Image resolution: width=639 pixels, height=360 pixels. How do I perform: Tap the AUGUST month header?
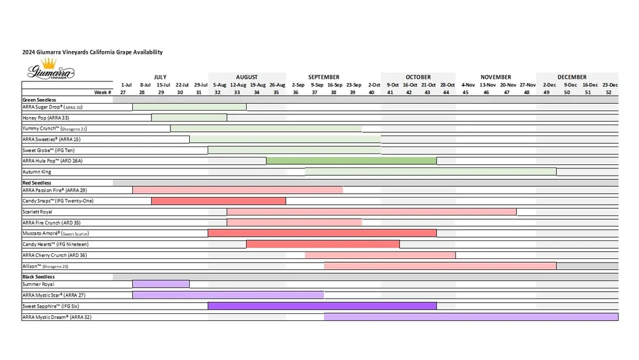(247, 77)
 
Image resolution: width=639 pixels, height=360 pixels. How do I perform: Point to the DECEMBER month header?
(571, 77)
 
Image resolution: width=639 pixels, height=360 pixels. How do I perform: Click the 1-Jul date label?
(127, 85)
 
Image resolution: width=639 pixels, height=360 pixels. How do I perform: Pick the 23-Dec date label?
(610, 85)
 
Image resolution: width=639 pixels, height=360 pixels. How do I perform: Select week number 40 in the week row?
(372, 93)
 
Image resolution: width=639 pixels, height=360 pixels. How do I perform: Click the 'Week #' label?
(103, 93)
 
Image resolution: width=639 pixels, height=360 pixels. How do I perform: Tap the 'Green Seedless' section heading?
(40, 100)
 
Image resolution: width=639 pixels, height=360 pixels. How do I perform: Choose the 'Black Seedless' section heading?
(39, 276)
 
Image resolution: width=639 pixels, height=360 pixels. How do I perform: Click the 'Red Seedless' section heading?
(37, 183)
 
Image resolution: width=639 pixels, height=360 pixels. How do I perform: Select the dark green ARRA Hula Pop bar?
(351, 161)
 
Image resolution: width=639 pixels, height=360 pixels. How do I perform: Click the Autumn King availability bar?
(430, 172)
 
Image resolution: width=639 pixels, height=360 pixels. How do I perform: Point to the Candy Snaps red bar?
(218, 201)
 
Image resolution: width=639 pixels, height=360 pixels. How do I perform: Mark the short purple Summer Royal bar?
(160, 284)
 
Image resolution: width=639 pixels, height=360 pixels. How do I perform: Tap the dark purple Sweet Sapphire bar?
(322, 306)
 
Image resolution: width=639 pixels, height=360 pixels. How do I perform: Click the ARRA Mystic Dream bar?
(471, 317)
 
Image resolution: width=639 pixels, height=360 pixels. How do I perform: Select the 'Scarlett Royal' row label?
(38, 212)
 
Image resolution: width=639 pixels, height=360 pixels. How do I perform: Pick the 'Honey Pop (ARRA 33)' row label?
(46, 118)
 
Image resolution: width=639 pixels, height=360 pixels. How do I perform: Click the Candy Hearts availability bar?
(323, 244)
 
